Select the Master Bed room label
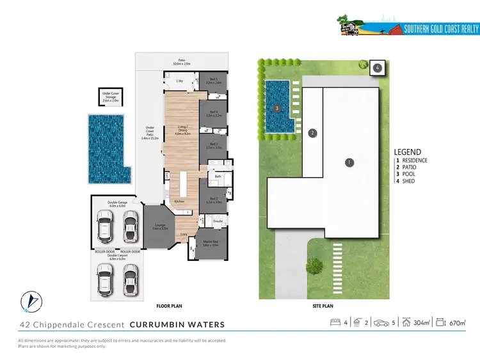coord(211,243)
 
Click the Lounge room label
coord(161,226)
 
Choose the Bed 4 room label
coord(213,115)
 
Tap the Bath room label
coord(218,176)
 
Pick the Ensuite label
coord(218,221)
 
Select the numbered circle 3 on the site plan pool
coord(276,109)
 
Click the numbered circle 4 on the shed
coord(378,67)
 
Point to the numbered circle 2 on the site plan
coord(312,133)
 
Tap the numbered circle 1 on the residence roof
coord(349,162)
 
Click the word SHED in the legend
coord(408,181)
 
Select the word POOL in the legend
coord(408,174)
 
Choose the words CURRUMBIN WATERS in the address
coord(177,325)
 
